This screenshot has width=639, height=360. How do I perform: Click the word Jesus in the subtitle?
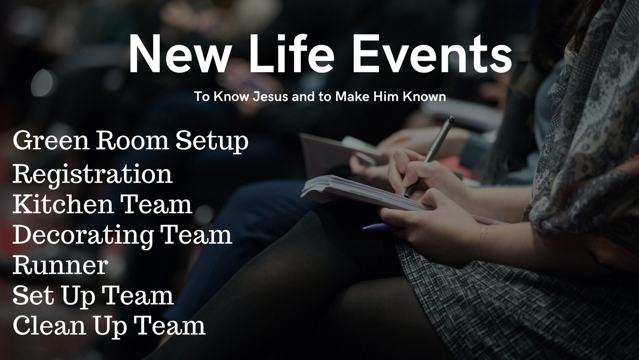(270, 97)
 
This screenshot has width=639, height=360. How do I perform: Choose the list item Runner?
(60, 265)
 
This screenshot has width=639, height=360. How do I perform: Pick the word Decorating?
(83, 235)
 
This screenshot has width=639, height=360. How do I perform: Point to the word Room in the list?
(132, 141)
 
